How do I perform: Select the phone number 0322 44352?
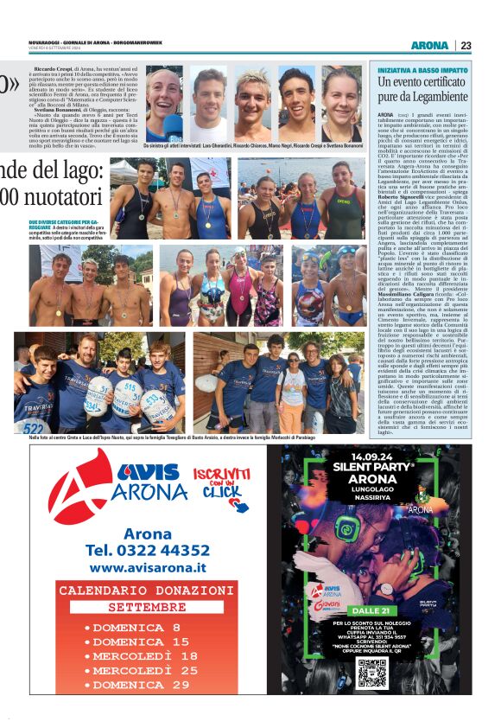(147, 550)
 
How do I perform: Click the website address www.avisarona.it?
(148, 568)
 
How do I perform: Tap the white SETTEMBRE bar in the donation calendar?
(147, 607)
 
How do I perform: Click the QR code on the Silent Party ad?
(372, 672)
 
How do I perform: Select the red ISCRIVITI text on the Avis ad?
(222, 475)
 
